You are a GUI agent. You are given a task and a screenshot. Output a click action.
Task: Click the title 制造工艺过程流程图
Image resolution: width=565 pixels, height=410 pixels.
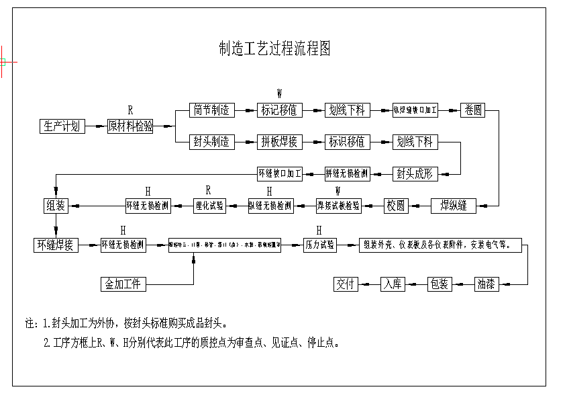274,49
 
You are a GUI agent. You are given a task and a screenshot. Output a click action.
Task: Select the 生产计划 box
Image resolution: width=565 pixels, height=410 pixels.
62,126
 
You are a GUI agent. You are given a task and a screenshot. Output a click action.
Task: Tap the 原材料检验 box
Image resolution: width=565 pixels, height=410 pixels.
130,126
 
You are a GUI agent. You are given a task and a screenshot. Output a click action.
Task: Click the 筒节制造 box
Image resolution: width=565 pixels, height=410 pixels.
211,110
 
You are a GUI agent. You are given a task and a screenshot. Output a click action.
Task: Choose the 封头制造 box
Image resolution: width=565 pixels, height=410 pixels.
211,142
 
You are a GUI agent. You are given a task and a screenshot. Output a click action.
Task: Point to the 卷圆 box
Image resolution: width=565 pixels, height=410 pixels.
472,110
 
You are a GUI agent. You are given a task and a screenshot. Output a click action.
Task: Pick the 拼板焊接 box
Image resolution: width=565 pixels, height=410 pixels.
279,142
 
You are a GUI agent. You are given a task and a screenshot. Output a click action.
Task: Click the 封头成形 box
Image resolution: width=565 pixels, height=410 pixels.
415,173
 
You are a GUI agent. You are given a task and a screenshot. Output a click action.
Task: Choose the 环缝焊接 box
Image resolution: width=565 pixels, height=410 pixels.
55,245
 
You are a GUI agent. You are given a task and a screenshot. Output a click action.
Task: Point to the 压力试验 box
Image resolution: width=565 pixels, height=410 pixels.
320,245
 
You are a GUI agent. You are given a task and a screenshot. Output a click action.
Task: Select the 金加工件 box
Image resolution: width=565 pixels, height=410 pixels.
123,284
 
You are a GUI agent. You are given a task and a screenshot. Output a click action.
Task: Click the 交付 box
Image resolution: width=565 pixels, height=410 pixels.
346,284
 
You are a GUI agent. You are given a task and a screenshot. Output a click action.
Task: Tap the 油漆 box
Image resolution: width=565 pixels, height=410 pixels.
486,284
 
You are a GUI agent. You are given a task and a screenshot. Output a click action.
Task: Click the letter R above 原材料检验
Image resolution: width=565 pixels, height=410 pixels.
131,110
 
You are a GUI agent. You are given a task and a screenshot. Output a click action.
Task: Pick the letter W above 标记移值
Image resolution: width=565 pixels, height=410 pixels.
279,93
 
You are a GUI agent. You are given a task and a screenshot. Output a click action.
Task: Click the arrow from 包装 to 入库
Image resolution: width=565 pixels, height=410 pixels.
417,284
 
